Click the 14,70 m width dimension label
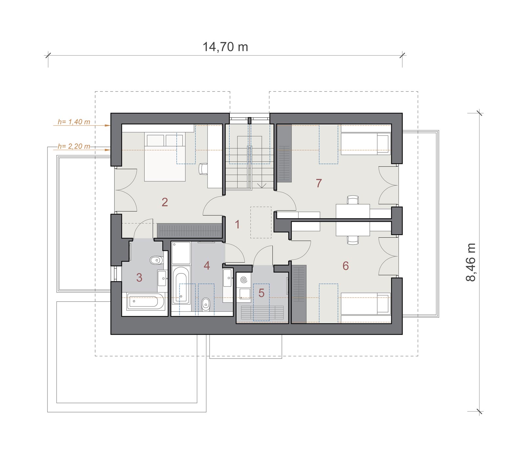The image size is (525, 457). pyautogui.click(x=225, y=47)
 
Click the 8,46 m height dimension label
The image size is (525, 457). pyautogui.click(x=471, y=262)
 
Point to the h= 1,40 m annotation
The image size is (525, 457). pyautogui.click(x=74, y=122)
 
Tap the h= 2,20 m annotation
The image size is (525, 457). pyautogui.click(x=74, y=146)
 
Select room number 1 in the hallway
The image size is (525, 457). pyautogui.click(x=237, y=225)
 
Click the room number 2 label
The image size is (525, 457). pyautogui.click(x=165, y=202)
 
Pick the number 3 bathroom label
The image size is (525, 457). pyautogui.click(x=139, y=277)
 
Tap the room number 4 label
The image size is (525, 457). pyautogui.click(x=207, y=265)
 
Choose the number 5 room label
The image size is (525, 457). pyautogui.click(x=261, y=293)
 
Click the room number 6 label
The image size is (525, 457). pyautogui.click(x=346, y=266)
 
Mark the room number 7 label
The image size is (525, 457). pyautogui.click(x=319, y=183)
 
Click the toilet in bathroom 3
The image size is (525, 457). pyautogui.click(x=156, y=261)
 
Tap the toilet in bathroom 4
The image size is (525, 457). pyautogui.click(x=205, y=304)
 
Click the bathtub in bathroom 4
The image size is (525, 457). pyautogui.click(x=181, y=285)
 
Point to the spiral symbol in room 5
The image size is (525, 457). pyautogui.click(x=243, y=280)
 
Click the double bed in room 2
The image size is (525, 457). pyautogui.click(x=165, y=157)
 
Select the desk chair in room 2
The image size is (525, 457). pyautogui.click(x=203, y=169)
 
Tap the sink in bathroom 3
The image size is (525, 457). pyautogui.click(x=162, y=278)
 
